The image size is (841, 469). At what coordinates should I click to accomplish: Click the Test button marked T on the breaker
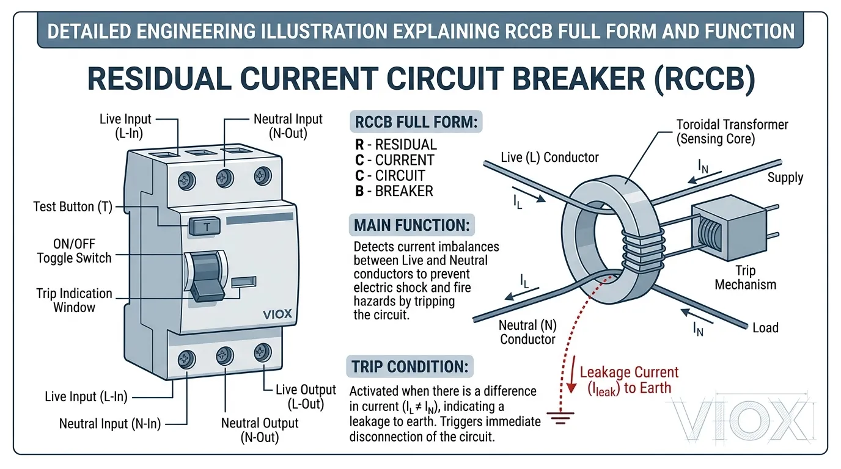pos(206,227)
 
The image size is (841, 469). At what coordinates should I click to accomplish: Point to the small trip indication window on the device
pos(244,282)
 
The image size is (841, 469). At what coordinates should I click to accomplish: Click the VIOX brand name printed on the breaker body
pos(277,314)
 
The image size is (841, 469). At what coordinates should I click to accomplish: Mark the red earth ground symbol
pos(557,418)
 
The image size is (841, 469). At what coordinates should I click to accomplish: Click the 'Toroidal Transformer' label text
pos(732,125)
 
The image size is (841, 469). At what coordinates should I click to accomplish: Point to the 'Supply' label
pos(785,178)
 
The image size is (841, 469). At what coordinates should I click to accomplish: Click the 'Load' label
pos(765,328)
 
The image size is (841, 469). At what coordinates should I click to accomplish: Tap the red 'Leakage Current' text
pos(629,372)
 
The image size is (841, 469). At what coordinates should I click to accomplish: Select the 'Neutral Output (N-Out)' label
pos(260,430)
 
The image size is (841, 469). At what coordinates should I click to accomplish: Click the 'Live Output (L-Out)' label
pos(306,396)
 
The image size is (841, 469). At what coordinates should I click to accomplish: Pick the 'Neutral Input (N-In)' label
pos(110,423)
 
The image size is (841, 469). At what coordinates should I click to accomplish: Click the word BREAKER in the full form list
pos(403,191)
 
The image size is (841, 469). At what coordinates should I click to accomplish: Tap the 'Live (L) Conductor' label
pos(549,158)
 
